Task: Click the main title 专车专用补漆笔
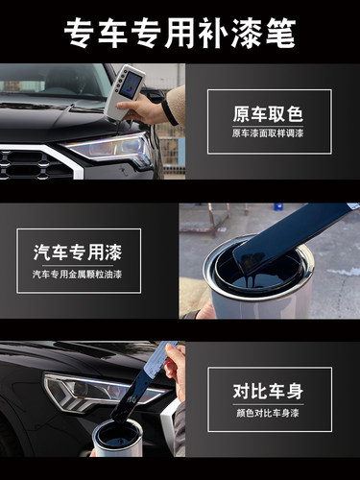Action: pos(180,32)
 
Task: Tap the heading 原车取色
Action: pos(268,112)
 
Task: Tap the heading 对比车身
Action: pos(268,391)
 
